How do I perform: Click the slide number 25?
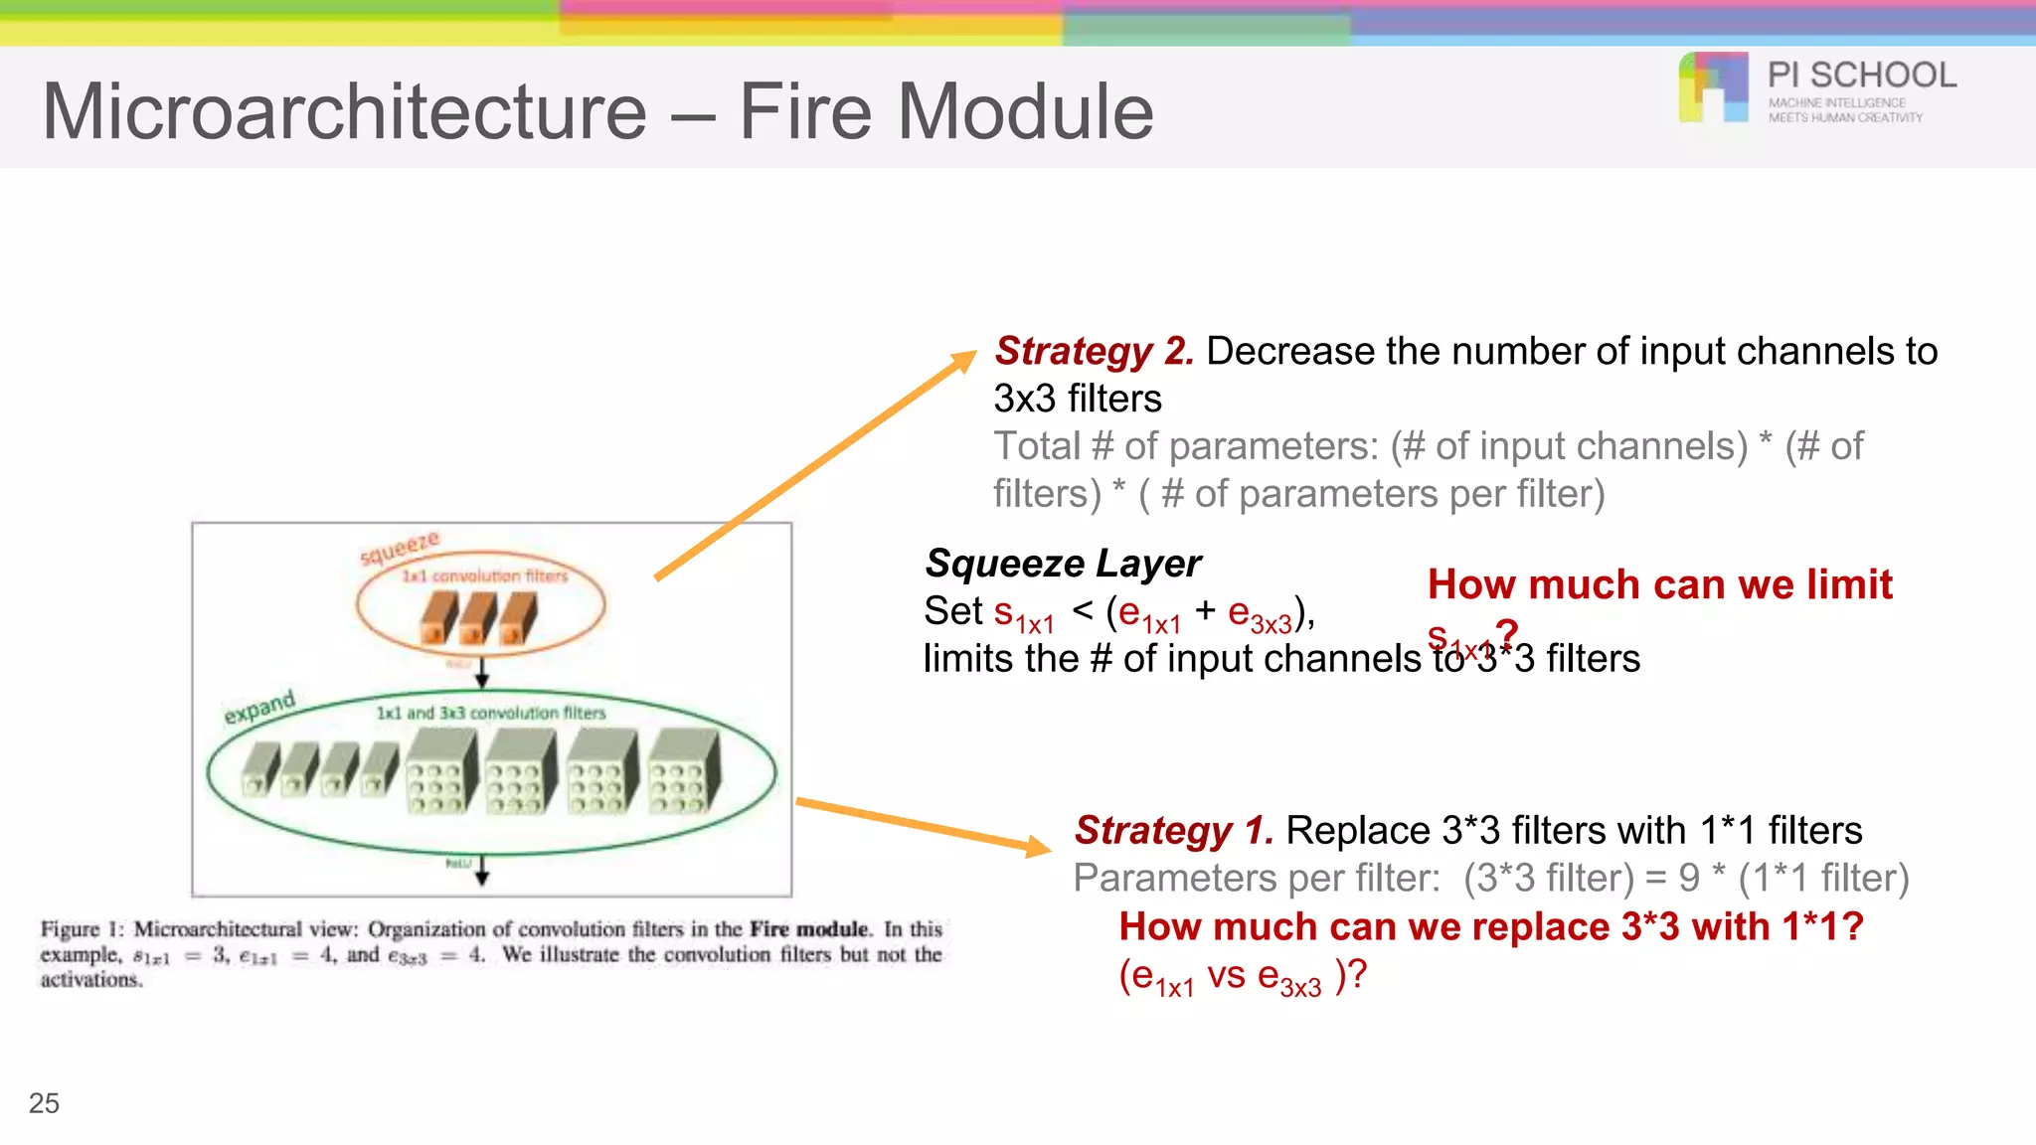pos(44,1103)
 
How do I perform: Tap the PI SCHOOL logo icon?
pos(1713,87)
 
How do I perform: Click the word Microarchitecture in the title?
pos(344,111)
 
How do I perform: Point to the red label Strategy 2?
pos(1094,351)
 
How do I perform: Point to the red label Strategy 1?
pos(1173,830)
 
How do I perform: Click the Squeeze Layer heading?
pos(1062,564)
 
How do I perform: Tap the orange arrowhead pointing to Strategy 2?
pos(964,360)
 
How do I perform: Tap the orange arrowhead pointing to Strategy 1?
pos(1038,846)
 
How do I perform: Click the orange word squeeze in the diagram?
pos(399,548)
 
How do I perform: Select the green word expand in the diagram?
pos(258,707)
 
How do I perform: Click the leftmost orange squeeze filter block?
pos(437,618)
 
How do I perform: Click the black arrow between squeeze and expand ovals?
pos(482,673)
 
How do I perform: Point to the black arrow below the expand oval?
pos(482,871)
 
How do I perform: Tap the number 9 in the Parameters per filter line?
pos(1689,878)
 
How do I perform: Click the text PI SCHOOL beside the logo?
pos(1861,76)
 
